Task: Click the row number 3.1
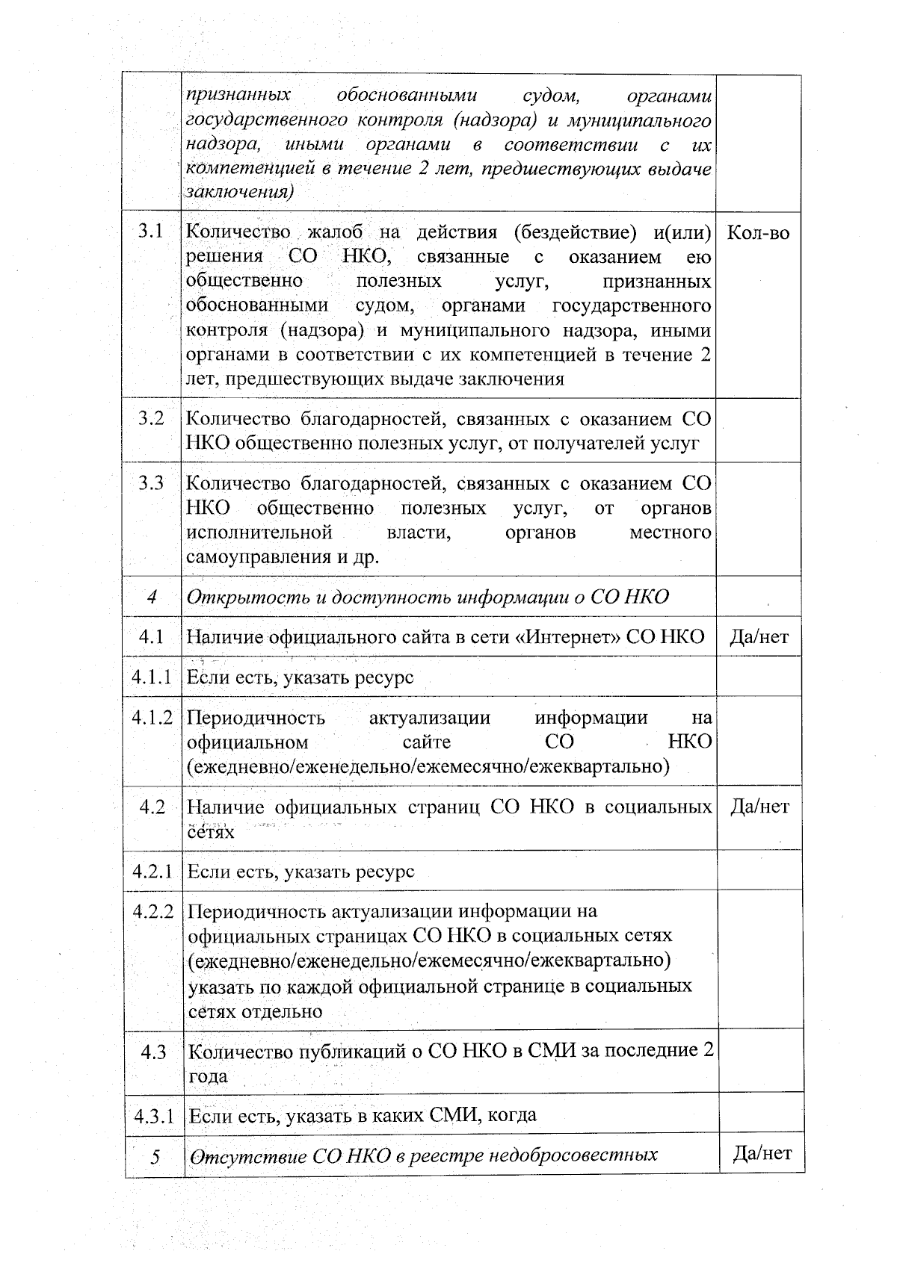click(151, 232)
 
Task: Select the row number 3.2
click(151, 418)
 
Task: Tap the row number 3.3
click(151, 483)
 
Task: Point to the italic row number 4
click(152, 597)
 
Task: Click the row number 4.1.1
click(152, 677)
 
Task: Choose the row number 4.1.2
click(152, 718)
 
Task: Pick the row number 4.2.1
click(153, 871)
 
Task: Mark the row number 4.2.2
click(153, 911)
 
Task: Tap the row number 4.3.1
click(154, 1116)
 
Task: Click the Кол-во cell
click(758, 233)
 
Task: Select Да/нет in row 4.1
click(759, 636)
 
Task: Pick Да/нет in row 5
click(762, 1153)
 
